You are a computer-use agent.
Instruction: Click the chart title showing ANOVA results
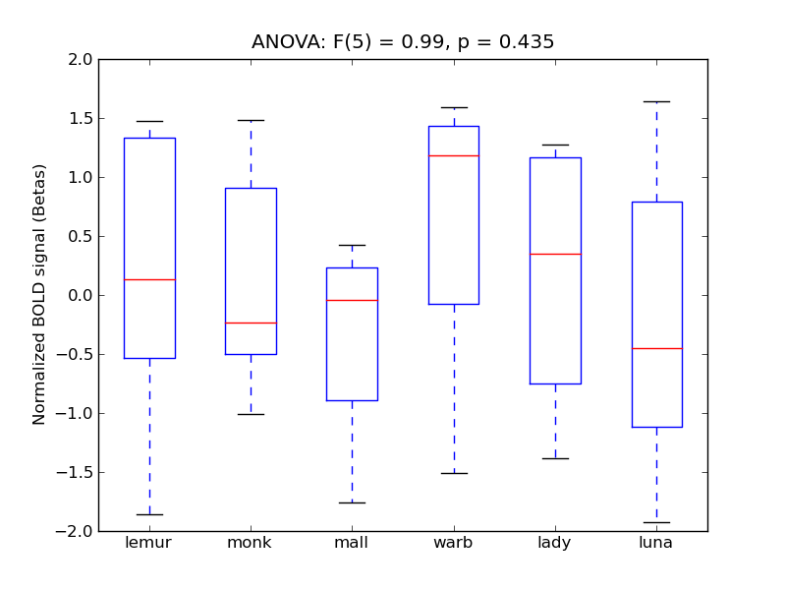[x=403, y=42]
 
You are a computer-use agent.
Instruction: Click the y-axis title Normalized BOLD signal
[x=39, y=295]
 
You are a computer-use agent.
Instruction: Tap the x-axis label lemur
[x=149, y=543]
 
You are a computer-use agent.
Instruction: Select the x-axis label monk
[x=251, y=543]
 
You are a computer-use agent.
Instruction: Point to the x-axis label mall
[x=352, y=543]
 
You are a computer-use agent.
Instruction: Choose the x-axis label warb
[x=453, y=543]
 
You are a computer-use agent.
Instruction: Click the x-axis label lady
[x=555, y=543]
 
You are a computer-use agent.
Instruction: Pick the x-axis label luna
[x=656, y=543]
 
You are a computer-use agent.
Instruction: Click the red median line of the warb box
[x=453, y=155]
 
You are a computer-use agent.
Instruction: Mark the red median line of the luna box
[x=656, y=348]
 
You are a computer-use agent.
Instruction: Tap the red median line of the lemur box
[x=149, y=279]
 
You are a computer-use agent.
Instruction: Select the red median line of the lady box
[x=555, y=254]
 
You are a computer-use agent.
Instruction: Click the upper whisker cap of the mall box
[x=352, y=245]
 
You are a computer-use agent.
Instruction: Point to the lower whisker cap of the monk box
[x=251, y=414]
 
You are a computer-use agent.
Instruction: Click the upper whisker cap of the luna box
[x=656, y=101]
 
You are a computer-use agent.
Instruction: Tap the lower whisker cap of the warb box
[x=453, y=473]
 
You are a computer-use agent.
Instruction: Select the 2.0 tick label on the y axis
[x=81, y=60]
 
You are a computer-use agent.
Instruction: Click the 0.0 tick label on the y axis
[x=81, y=296]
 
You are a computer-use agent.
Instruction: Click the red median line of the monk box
[x=251, y=323]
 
